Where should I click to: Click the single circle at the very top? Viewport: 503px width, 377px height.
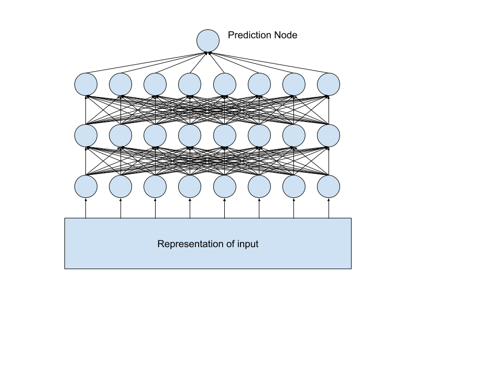(x=208, y=41)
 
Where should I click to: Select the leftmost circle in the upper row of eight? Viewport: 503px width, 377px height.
(x=86, y=84)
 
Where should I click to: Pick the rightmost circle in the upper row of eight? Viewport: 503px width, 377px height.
(x=329, y=84)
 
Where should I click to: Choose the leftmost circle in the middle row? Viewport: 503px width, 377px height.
(x=86, y=136)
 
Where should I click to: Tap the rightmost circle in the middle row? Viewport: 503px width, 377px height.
(x=329, y=136)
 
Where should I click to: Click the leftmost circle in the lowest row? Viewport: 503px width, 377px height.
(x=86, y=186)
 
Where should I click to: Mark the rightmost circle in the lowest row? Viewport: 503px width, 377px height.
(x=329, y=186)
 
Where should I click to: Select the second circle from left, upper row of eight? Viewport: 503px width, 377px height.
(x=121, y=84)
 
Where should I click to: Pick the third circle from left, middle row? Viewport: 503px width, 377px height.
(x=155, y=136)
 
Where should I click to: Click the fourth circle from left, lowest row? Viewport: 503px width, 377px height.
(x=190, y=186)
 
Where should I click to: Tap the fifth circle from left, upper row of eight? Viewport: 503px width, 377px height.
(x=225, y=84)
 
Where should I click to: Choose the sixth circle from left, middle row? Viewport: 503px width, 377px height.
(x=259, y=136)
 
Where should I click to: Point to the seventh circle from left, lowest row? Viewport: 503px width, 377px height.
(x=294, y=186)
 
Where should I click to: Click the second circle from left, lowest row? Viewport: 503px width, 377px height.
(x=121, y=186)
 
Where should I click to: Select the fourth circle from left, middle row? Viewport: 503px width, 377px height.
(x=190, y=136)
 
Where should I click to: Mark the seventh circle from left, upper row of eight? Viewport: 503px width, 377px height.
(x=294, y=84)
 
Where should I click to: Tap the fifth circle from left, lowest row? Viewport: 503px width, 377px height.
(x=225, y=186)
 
